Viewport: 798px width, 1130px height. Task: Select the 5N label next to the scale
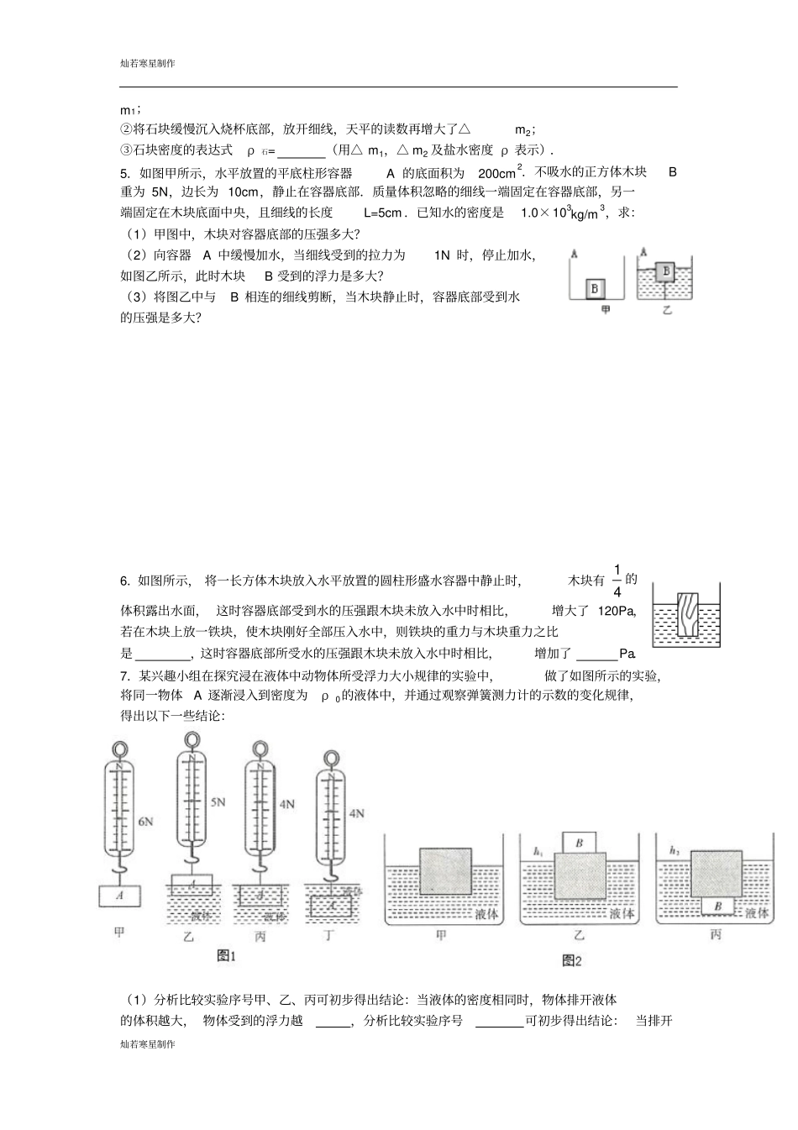[218, 802]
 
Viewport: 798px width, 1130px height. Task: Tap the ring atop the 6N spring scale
[120, 747]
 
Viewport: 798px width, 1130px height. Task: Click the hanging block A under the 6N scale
[120, 896]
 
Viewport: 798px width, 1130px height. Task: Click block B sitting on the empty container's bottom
[596, 288]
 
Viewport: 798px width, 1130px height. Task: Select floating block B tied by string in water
[667, 271]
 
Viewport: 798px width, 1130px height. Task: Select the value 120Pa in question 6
[617, 611]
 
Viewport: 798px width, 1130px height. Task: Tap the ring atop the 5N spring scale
[192, 739]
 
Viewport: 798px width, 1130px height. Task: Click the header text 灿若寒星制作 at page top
[148, 63]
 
